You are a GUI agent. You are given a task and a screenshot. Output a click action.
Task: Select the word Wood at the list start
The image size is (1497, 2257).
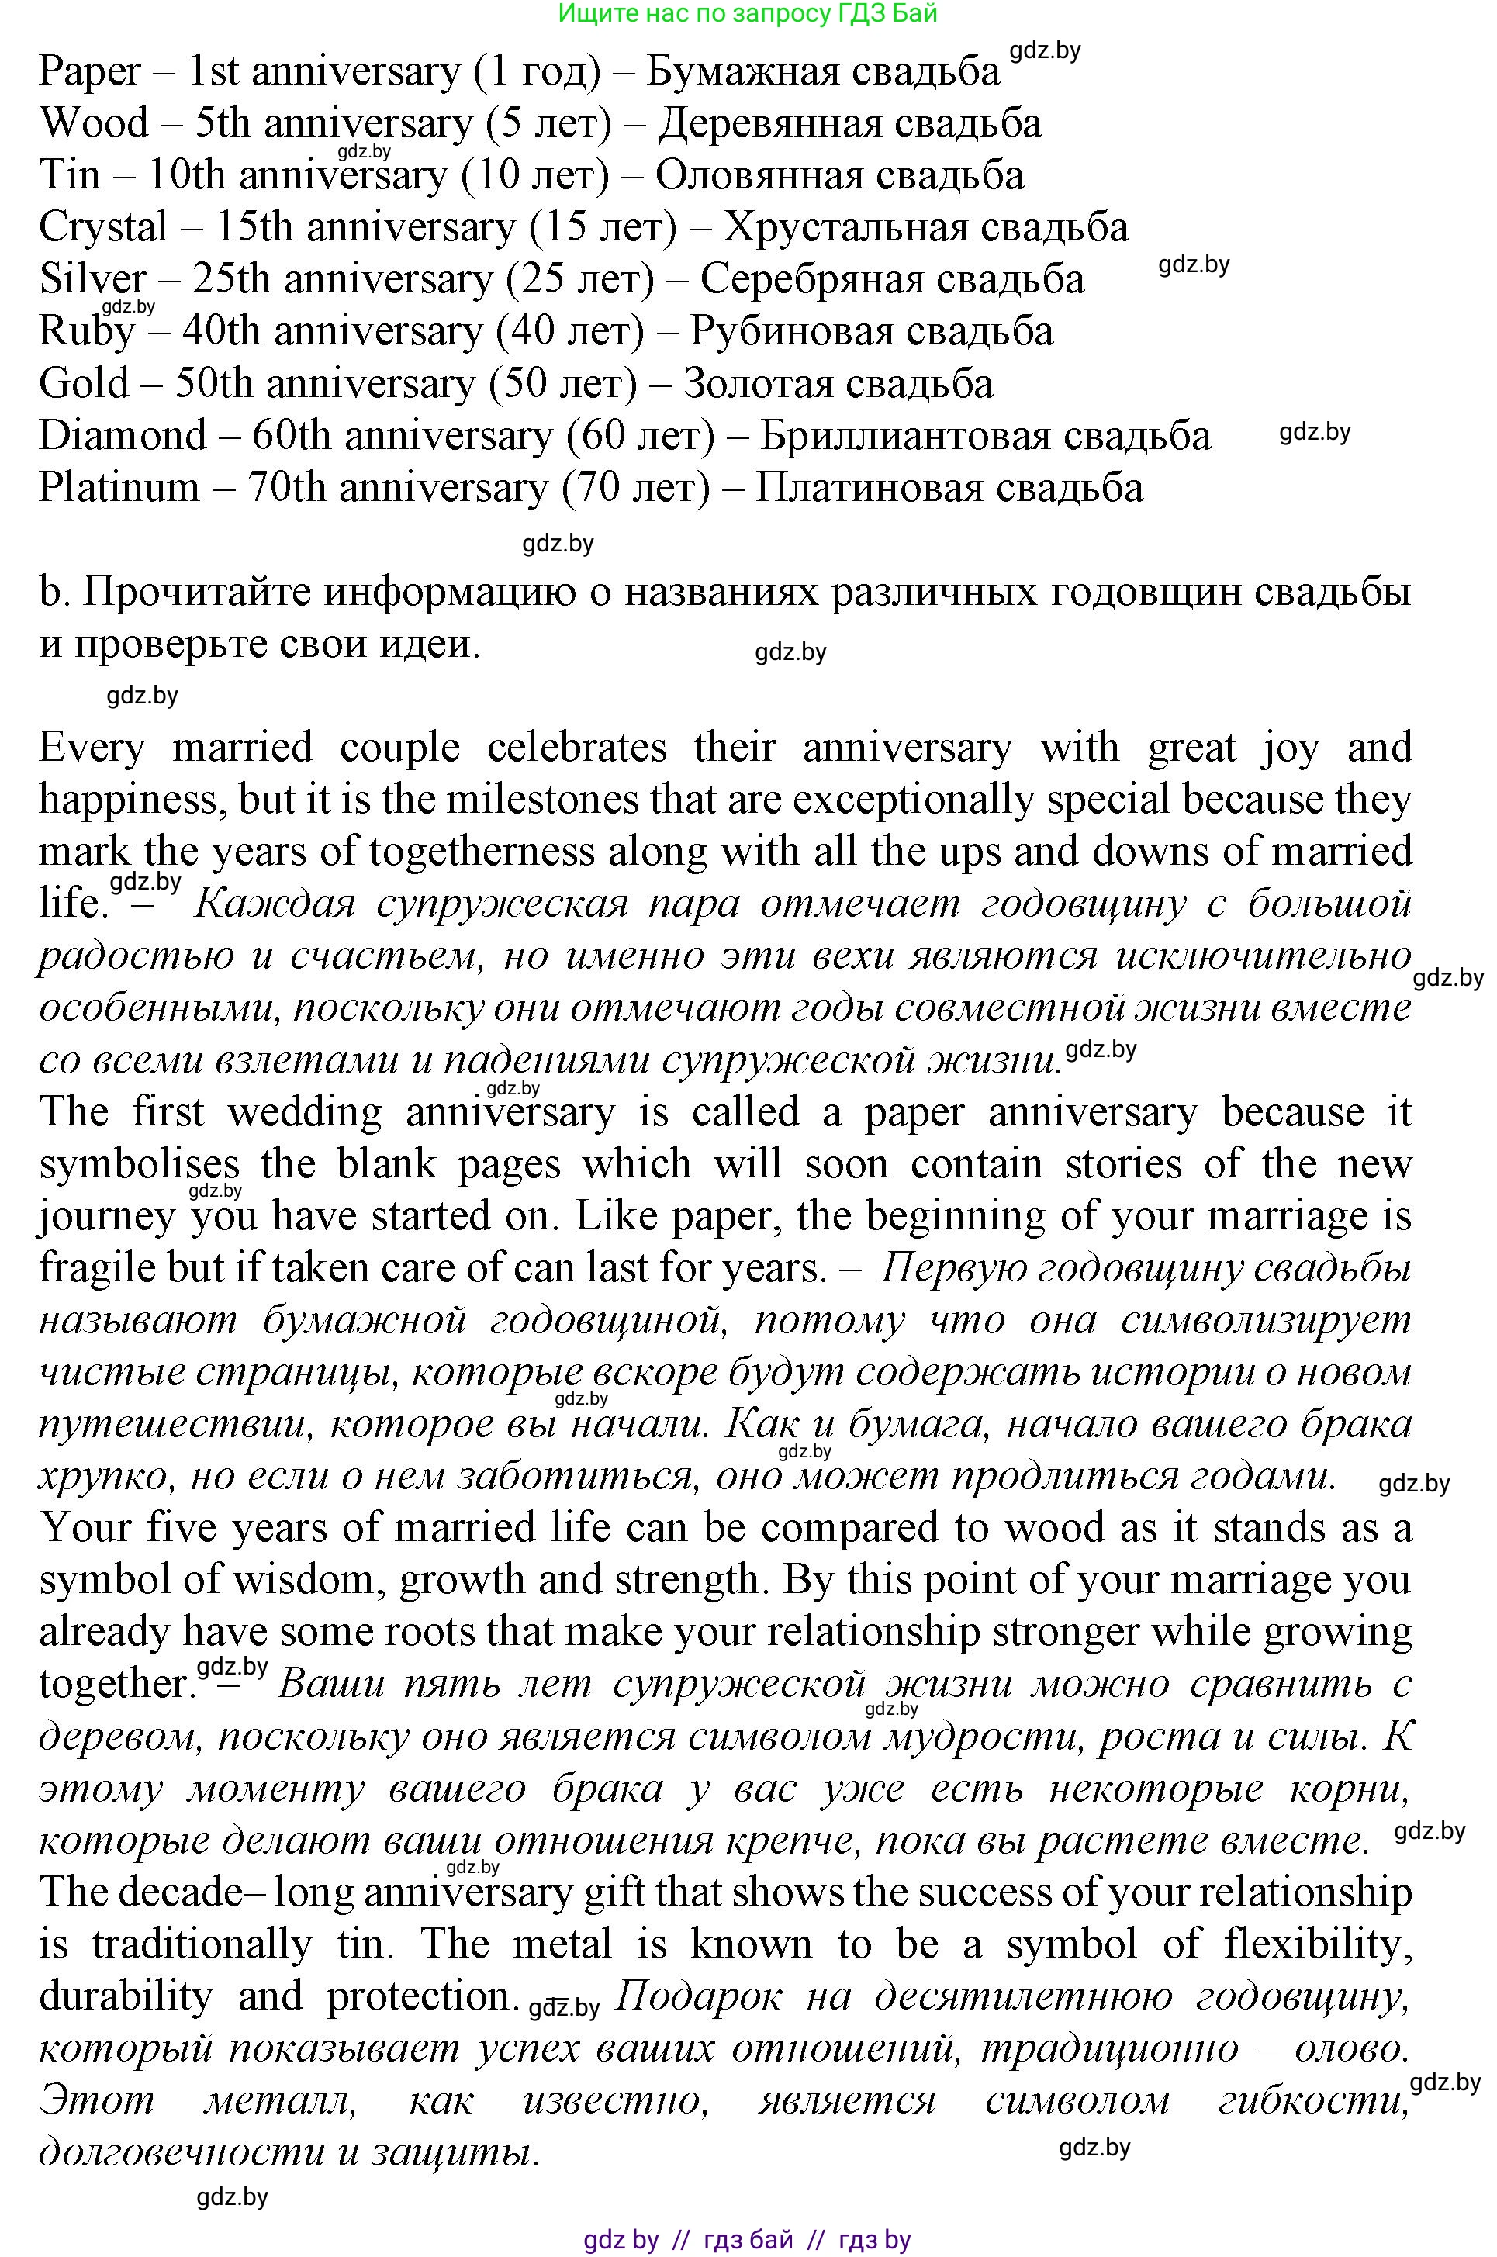pos(94,124)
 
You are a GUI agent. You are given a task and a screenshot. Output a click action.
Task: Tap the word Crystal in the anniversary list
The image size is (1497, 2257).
pos(103,228)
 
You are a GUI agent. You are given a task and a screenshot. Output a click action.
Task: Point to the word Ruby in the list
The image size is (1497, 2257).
pos(87,332)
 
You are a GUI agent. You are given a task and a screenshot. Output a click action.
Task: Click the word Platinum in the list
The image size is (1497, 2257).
pos(119,488)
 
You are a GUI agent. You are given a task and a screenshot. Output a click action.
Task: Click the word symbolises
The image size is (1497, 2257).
pos(140,1165)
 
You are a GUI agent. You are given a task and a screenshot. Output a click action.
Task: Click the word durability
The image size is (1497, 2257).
pos(126,1996)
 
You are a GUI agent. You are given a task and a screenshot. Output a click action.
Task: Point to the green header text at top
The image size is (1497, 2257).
pos(748,13)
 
